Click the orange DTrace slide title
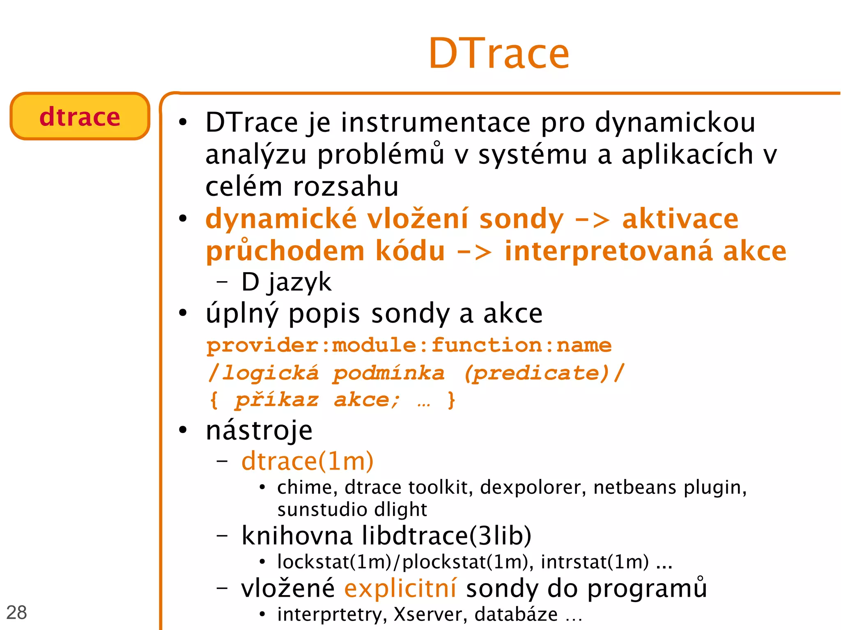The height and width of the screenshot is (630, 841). pos(499,53)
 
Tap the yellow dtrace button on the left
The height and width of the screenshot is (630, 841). pos(80,117)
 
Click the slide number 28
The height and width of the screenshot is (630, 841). pos(17,612)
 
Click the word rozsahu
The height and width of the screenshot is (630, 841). pos(346,187)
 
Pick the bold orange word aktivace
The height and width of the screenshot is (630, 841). pos(680,219)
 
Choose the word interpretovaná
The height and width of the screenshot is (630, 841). pos(608,251)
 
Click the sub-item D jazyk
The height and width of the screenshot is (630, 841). pos(286,282)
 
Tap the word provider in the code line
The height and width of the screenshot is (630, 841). pos(262,345)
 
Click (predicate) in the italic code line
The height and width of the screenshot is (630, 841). pos(536,373)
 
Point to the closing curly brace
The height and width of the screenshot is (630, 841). pos(451,400)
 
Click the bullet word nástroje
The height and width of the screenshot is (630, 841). pos(259,431)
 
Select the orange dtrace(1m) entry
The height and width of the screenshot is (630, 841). pos(307,461)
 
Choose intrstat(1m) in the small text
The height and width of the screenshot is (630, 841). pos(595,562)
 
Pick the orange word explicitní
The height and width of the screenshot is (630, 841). pos(400,588)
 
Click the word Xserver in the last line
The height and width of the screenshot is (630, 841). pos(428,614)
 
